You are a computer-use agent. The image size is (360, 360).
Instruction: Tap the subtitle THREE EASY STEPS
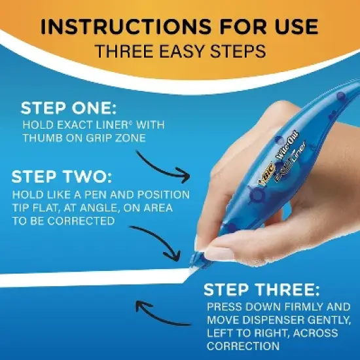(180, 51)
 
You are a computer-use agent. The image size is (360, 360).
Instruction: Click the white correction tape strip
(92, 278)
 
